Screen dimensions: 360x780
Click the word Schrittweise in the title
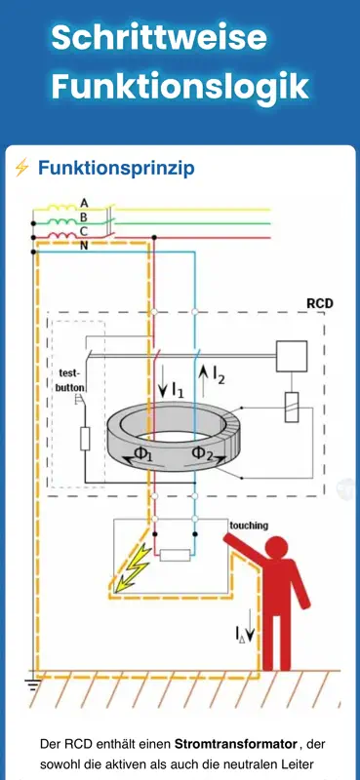click(x=159, y=37)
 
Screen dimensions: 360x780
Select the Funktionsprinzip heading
click(x=116, y=169)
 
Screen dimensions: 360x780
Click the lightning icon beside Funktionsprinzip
click(x=21, y=168)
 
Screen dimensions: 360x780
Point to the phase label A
click(x=84, y=203)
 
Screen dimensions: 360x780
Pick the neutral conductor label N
click(x=84, y=246)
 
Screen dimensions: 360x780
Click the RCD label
click(x=320, y=303)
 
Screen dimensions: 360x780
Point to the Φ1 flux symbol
click(x=142, y=453)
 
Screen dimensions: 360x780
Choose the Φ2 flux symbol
click(x=202, y=453)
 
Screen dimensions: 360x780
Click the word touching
click(x=249, y=526)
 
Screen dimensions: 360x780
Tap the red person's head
click(x=277, y=549)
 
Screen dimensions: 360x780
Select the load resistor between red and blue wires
click(x=175, y=555)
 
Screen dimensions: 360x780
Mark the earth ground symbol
click(x=33, y=685)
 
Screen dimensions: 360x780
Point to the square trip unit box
click(x=292, y=356)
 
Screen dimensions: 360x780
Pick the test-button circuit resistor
click(x=85, y=438)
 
